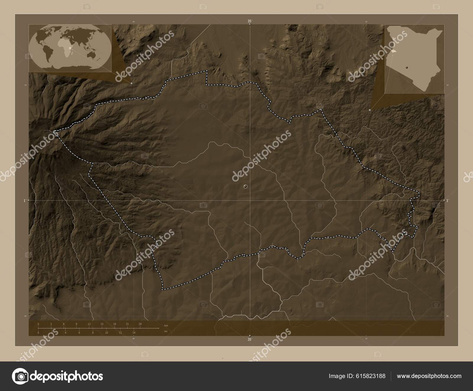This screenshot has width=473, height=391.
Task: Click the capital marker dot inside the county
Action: (x=245, y=186)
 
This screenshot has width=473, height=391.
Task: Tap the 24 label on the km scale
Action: (x=140, y=324)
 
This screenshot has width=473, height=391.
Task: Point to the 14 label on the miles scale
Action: (x=134, y=333)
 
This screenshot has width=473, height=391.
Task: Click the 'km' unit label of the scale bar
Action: (x=166, y=325)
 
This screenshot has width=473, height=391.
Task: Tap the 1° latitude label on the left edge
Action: (x=25, y=201)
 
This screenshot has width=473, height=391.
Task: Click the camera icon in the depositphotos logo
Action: (x=20, y=376)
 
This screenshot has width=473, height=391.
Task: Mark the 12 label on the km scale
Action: (x=89, y=324)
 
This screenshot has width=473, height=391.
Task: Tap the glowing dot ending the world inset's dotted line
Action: (x=132, y=84)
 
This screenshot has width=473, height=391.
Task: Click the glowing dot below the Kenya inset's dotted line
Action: (x=370, y=110)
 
